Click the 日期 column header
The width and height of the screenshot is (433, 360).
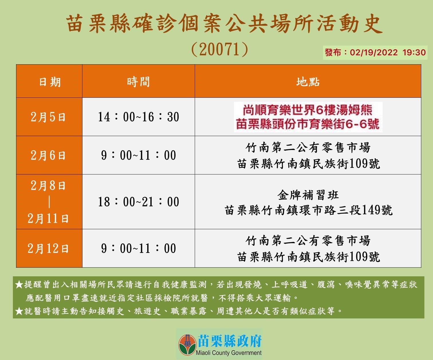[x=50, y=82]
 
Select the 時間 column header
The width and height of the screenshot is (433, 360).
[x=138, y=82]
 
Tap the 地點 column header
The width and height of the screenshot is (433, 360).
[x=308, y=82]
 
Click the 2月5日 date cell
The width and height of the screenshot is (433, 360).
[x=48, y=117]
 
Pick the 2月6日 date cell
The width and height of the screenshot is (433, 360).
[x=48, y=155]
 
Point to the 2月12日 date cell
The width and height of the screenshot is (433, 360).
[x=48, y=249]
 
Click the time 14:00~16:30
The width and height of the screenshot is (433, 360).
[x=138, y=117]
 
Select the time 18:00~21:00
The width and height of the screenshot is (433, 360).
[x=138, y=202]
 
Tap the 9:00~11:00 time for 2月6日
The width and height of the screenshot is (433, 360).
[x=138, y=155]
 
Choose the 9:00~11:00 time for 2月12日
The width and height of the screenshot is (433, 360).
[x=138, y=249]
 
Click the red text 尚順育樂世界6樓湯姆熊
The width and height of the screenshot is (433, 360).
[x=308, y=110]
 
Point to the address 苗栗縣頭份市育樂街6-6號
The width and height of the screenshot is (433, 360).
[x=308, y=124]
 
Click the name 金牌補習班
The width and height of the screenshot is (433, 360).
[x=308, y=195]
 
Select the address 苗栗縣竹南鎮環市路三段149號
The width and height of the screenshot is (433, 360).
[x=309, y=210]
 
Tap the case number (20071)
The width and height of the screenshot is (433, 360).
[x=219, y=49]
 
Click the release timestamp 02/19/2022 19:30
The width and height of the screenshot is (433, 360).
[x=388, y=52]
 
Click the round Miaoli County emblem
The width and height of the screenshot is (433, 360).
[x=188, y=345]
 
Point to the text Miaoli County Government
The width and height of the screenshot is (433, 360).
[x=229, y=353]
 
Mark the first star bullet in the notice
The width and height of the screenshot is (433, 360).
[x=19, y=284]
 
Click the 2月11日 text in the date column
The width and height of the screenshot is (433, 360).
[x=48, y=218]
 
